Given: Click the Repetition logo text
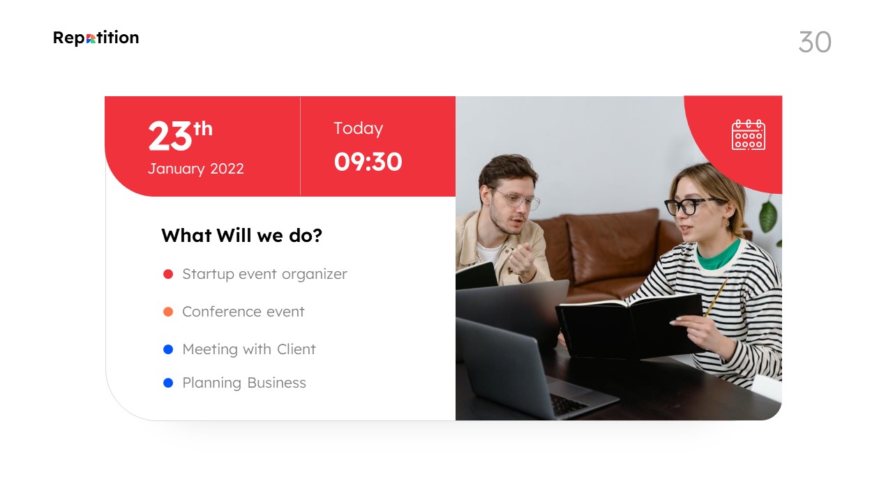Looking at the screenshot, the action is tap(96, 38).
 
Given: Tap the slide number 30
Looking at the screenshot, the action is tap(815, 42).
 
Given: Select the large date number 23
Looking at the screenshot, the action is tap(170, 136).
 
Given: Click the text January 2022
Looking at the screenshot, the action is tap(196, 169).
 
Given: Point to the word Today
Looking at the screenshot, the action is tap(358, 129).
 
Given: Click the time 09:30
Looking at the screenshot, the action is tap(368, 162).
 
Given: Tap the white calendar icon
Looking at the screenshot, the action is tap(749, 135).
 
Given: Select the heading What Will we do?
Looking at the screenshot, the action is tap(241, 235).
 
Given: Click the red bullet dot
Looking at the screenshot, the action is tap(168, 274).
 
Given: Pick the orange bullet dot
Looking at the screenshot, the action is tap(168, 312).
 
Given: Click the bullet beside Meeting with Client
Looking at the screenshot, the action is tap(168, 349).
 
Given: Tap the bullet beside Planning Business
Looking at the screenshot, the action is tap(168, 383).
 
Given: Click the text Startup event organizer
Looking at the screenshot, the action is tap(264, 275).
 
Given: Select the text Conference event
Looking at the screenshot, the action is tap(243, 312).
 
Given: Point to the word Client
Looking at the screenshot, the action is tap(297, 349).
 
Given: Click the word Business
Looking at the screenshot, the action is tap(277, 383).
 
